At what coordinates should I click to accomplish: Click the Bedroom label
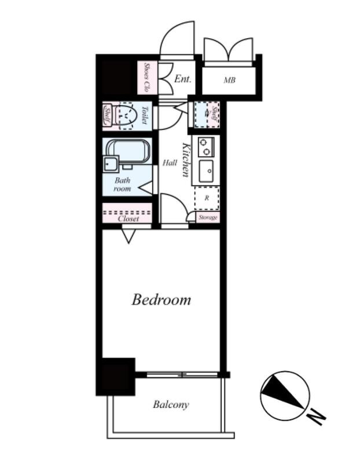[x=161, y=299]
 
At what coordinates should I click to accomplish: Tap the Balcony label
[x=171, y=405]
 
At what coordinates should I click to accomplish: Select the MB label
[x=229, y=80]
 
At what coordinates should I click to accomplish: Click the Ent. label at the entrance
[x=183, y=79]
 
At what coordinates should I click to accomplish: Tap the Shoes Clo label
[x=146, y=77]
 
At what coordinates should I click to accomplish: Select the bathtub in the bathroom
[x=128, y=151]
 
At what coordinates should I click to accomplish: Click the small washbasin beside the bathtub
[x=111, y=164]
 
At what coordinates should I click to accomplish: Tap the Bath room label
[x=122, y=184]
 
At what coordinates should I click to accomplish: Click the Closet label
[x=128, y=219]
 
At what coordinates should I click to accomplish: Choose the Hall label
[x=170, y=163]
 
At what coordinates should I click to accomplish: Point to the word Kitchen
[x=185, y=160]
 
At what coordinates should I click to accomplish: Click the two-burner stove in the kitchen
[x=205, y=147]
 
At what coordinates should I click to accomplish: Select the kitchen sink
[x=206, y=171]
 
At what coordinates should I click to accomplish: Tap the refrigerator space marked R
[x=207, y=198]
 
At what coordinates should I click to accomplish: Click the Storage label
[x=208, y=218]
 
